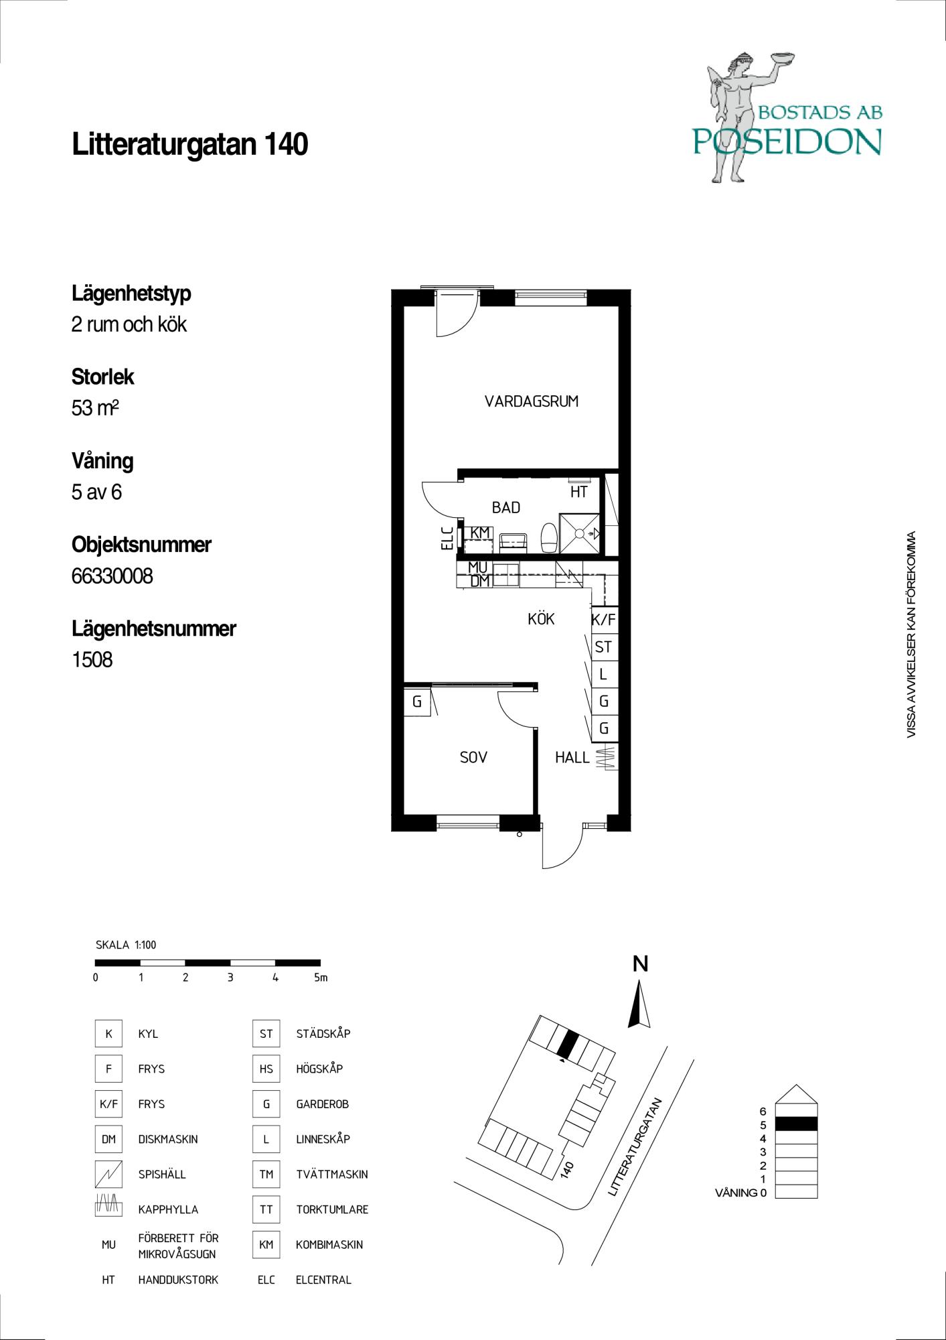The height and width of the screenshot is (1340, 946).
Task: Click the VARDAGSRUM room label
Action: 532,401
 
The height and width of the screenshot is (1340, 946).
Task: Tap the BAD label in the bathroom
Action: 506,508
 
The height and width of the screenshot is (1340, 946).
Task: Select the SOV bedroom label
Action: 473,758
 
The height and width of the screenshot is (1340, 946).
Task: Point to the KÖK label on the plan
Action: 541,619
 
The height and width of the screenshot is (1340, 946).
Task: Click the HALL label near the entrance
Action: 572,758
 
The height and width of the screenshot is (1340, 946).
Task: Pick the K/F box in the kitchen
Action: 603,620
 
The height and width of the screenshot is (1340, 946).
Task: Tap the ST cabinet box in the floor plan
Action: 603,647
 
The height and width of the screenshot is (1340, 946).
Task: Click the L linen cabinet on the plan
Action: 603,674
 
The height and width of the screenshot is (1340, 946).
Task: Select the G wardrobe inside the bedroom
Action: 416,702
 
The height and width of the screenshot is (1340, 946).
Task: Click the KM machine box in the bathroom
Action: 479,533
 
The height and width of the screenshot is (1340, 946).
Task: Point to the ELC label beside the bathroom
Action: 447,538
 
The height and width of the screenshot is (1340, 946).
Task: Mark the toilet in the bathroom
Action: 548,537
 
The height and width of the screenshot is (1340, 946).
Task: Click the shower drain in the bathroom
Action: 580,534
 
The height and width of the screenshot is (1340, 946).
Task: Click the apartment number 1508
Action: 92,660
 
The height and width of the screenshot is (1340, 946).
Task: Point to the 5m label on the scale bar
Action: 321,978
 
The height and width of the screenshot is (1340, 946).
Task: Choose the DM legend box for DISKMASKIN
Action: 108,1139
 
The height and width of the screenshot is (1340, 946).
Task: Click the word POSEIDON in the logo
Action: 787,141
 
